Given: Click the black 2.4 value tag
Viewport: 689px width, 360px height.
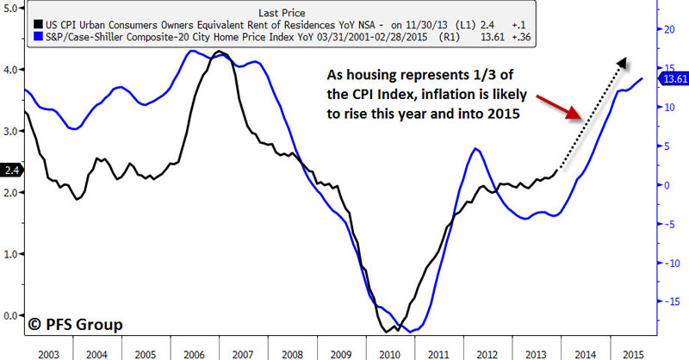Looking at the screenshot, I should [9, 171].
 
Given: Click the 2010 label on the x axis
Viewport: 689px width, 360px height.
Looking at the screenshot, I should [387, 353].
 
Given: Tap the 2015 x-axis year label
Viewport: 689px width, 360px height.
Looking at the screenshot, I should [633, 353].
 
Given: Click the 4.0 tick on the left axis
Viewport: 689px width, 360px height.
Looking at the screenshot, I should [10, 70].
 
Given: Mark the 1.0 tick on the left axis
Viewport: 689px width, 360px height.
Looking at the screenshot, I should [10, 254].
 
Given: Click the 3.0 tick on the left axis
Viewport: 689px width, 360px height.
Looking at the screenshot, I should [10, 131].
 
